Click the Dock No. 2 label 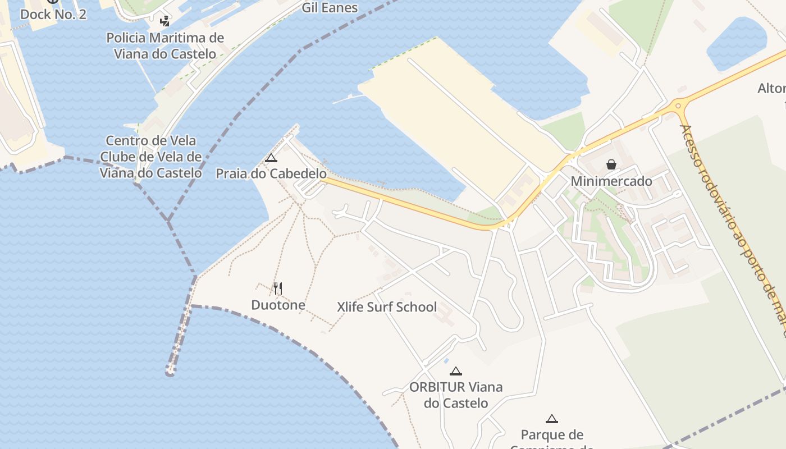tap(53, 14)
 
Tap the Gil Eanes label tap(330, 8)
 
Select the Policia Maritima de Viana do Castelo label tap(165, 46)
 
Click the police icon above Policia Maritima tap(164, 22)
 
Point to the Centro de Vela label tap(151, 141)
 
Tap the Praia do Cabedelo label tap(271, 174)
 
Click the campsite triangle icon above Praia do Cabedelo tap(271, 158)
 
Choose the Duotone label tap(278, 305)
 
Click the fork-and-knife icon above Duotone tap(278, 288)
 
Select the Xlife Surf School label tap(387, 307)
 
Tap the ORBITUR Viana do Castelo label tap(456, 395)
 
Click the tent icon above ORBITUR tap(456, 371)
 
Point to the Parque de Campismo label tap(552, 436)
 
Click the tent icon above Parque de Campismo tap(552, 419)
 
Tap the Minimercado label tap(611, 181)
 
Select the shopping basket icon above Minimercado tap(611, 164)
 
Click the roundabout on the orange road tap(678, 105)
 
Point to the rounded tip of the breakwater tap(170, 371)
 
